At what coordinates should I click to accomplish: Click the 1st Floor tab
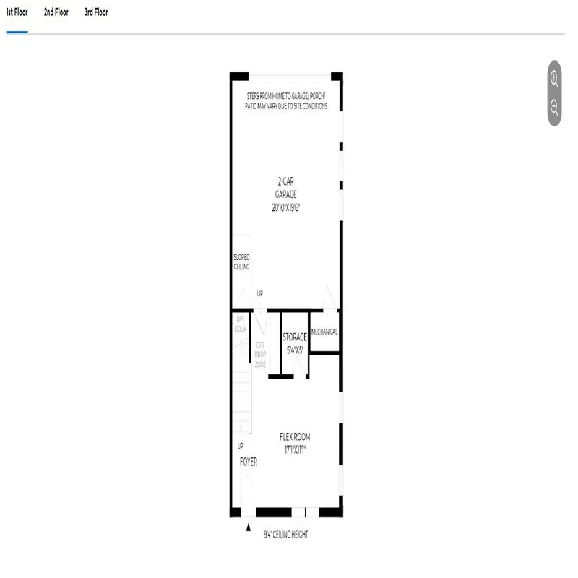[x=17, y=12]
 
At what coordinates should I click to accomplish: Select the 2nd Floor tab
[x=56, y=12]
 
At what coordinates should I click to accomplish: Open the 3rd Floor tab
[x=96, y=12]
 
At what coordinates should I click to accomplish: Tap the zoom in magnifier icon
[x=554, y=79]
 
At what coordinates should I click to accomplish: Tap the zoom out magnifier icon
[x=554, y=108]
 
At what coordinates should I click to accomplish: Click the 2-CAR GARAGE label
[x=285, y=189]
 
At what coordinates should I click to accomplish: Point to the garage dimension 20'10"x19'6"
[x=285, y=207]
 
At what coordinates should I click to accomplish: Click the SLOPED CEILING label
[x=241, y=262]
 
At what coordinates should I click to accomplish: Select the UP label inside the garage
[x=260, y=294]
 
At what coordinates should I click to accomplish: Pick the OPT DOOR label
[x=241, y=324]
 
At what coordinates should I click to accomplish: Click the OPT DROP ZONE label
[x=260, y=355]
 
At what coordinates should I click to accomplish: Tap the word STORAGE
[x=295, y=337]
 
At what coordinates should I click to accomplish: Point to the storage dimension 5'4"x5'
[x=295, y=350]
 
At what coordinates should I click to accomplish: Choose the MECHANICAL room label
[x=324, y=332]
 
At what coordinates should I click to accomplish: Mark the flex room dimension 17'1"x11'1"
[x=298, y=449]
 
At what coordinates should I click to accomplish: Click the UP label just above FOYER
[x=241, y=446]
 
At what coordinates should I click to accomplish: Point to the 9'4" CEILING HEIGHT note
[x=286, y=535]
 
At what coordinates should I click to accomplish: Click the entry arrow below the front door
[x=249, y=531]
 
